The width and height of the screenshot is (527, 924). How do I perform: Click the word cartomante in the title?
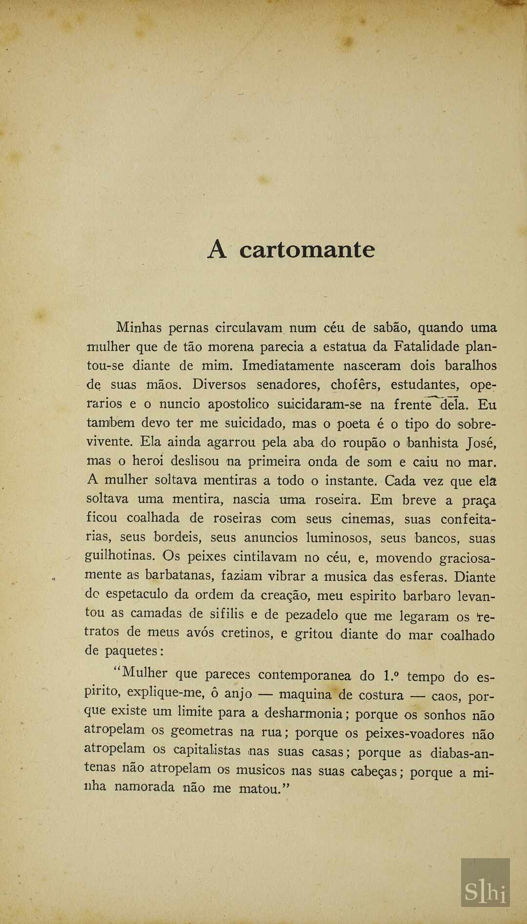(307, 250)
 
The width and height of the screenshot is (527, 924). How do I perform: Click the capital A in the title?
(218, 250)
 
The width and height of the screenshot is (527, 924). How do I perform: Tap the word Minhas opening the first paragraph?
(139, 328)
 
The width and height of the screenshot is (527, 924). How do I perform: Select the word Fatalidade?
(426, 347)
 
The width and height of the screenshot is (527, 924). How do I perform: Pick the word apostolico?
(238, 405)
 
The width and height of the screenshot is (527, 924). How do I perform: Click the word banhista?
(433, 443)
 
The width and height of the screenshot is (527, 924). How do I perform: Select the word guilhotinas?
(120, 556)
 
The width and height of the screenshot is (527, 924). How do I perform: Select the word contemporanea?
(304, 675)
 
